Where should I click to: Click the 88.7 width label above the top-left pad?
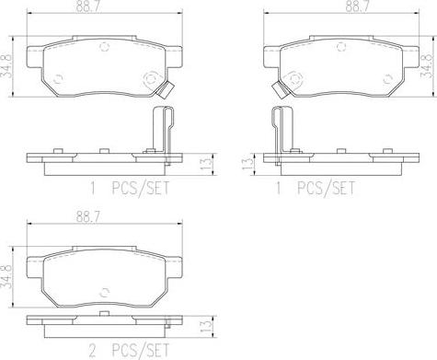click(88, 6)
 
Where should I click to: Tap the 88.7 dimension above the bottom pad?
click(88, 217)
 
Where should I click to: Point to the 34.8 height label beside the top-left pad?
click(6, 66)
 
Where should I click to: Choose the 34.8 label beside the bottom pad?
click(6, 277)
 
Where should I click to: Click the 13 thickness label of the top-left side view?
click(206, 163)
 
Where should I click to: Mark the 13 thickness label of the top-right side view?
click(247, 163)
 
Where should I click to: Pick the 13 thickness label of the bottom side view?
click(206, 327)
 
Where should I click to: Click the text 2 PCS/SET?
click(129, 350)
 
